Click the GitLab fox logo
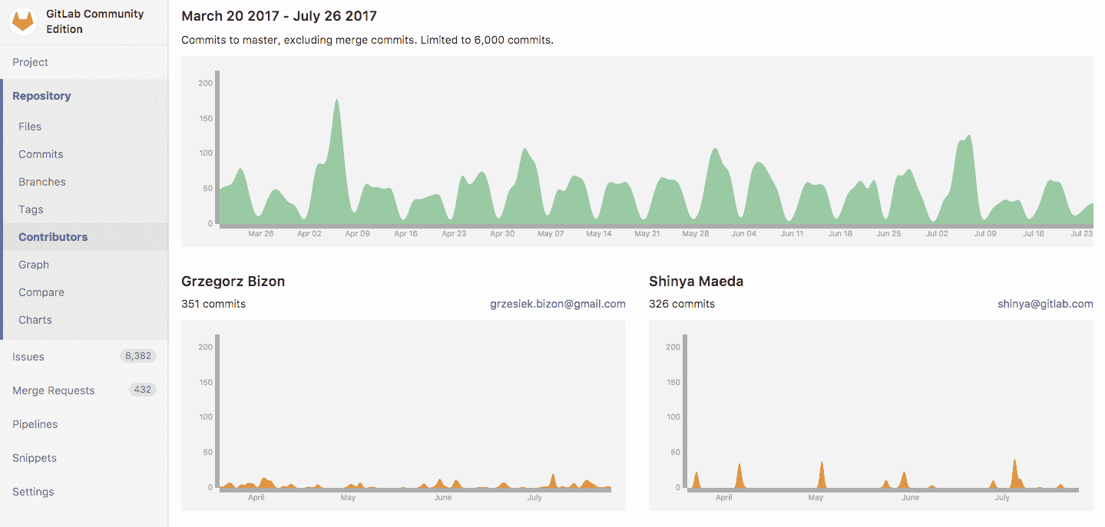coord(23,21)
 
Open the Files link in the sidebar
coord(30,127)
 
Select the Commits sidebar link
coord(41,154)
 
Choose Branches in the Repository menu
coord(42,182)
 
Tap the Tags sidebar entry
coord(31,209)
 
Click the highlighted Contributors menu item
coord(53,237)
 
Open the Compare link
coord(41,292)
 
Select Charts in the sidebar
coord(35,320)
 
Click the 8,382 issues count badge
coord(138,356)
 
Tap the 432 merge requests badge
coord(142,390)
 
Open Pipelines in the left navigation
coord(35,424)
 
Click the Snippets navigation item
coord(35,458)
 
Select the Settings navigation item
coord(33,492)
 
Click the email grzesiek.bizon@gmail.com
coord(557,304)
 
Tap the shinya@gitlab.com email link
coord(1045,304)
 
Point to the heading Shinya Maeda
coord(696,282)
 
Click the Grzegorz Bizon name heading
coord(233,282)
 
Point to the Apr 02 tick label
coord(309,234)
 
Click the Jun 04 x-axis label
coord(743,234)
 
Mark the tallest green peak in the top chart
coord(336,100)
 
